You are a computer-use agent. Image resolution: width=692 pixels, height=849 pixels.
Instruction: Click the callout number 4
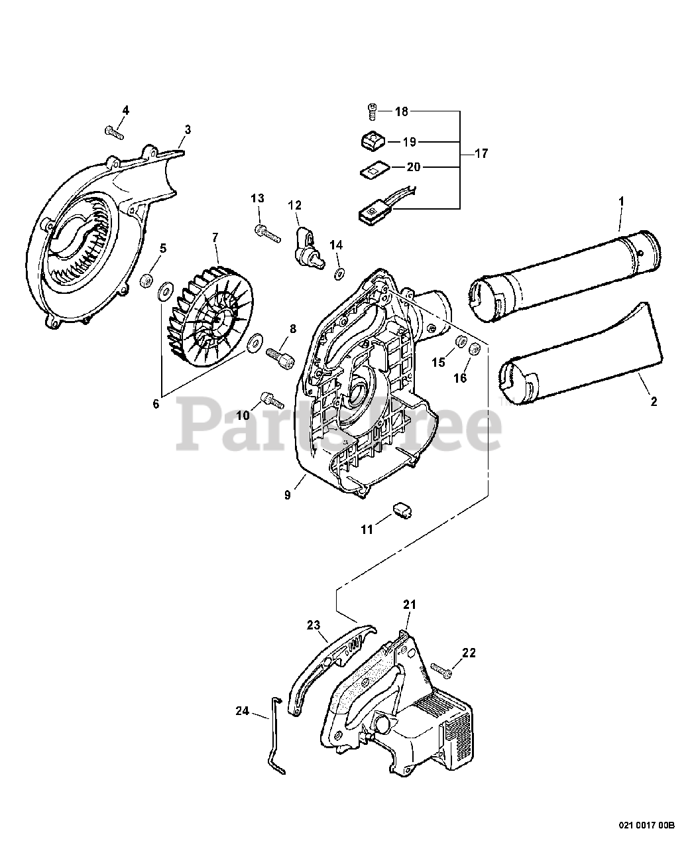tap(126, 110)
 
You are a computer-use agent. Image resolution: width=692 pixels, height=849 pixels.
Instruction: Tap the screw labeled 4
tap(115, 131)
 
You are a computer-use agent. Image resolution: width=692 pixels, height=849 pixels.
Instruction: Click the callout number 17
tap(481, 154)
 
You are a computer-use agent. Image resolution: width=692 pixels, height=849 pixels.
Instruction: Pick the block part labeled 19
tap(373, 141)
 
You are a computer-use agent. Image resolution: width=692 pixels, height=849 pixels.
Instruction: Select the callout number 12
tap(294, 205)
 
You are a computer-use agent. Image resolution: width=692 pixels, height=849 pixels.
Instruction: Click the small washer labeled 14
tap(339, 272)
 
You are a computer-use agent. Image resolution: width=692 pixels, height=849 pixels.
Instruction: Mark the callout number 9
tap(287, 495)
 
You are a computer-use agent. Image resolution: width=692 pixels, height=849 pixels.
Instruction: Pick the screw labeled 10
tap(272, 398)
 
